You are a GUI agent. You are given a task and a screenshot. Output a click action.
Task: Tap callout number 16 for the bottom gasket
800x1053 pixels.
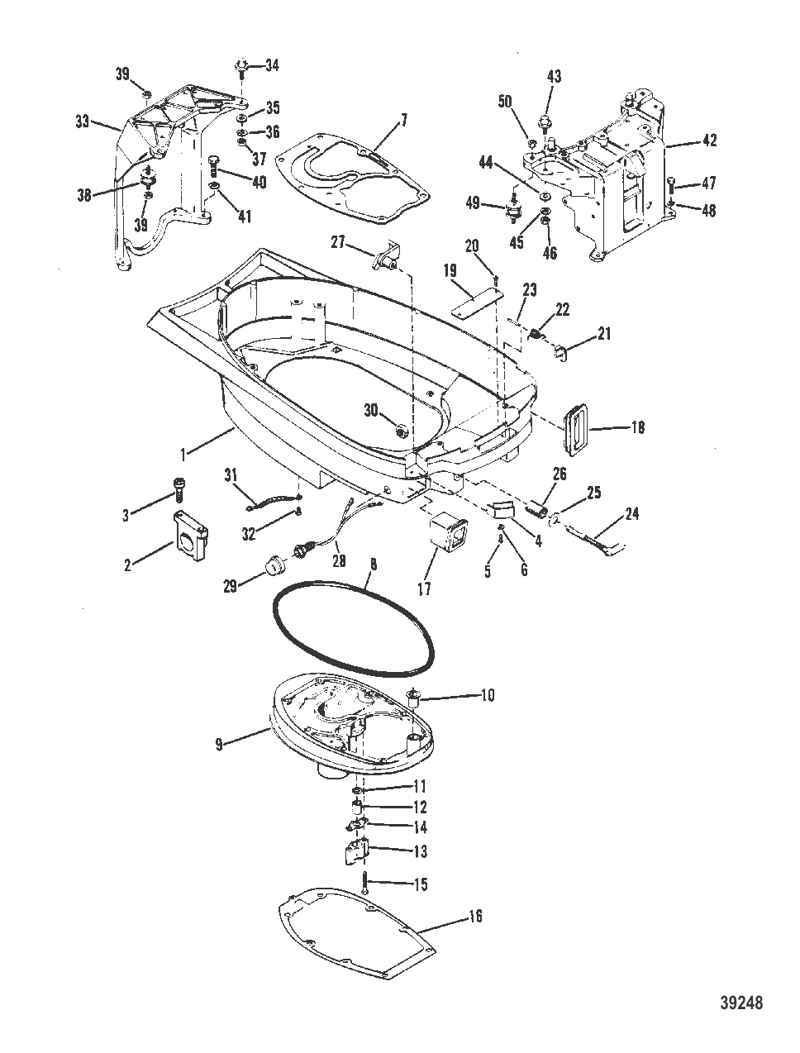[x=474, y=916]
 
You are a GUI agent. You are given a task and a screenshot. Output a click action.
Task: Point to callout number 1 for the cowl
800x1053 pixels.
[x=187, y=451]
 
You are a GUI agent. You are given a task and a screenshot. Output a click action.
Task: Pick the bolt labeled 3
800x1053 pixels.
[x=176, y=490]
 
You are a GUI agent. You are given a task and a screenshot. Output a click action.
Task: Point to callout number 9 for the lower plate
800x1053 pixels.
[x=218, y=744]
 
